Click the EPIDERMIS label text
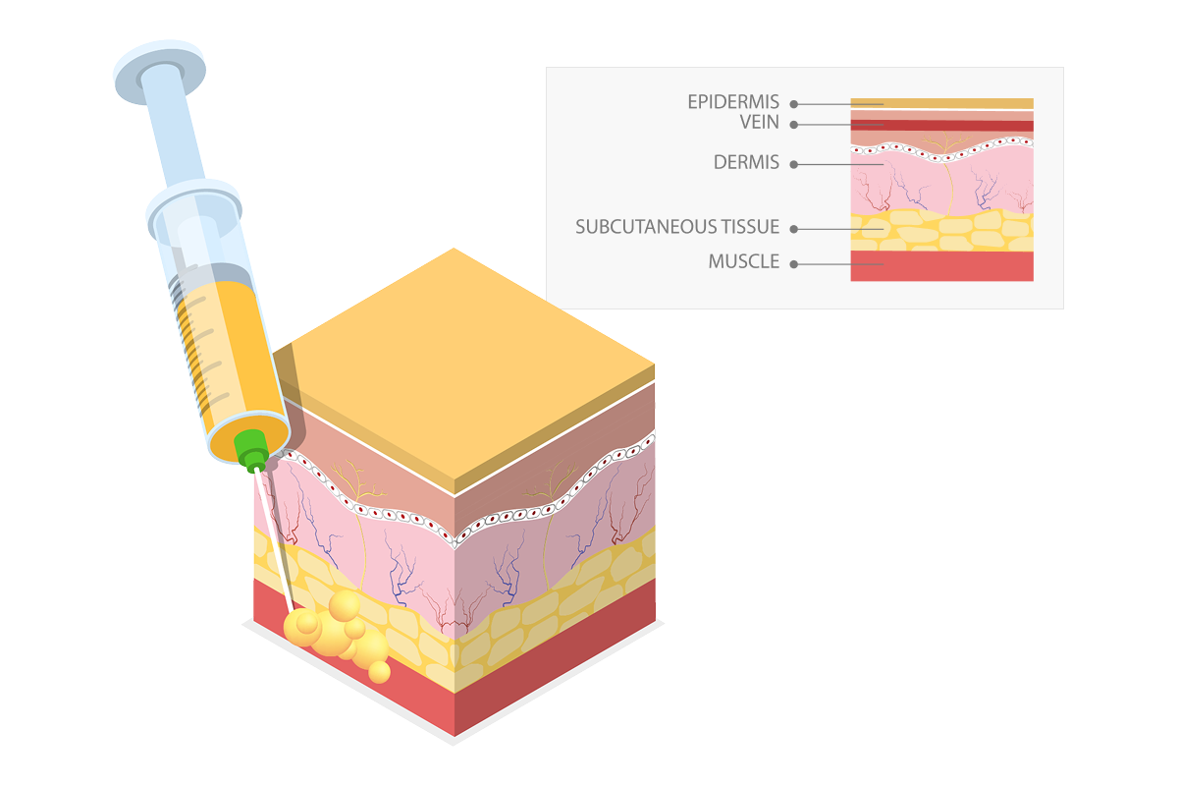tap(733, 102)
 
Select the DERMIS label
tap(747, 163)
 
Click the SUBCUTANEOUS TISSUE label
tap(677, 228)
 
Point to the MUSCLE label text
tap(744, 262)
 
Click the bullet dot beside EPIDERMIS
tap(793, 103)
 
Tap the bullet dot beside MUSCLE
tap(793, 263)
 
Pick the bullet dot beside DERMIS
tap(793, 164)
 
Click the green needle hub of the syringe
tap(252, 446)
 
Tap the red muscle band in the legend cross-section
tap(941, 265)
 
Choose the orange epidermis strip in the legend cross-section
tap(941, 103)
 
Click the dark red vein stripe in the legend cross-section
tap(941, 126)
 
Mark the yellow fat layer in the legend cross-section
tap(941, 231)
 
